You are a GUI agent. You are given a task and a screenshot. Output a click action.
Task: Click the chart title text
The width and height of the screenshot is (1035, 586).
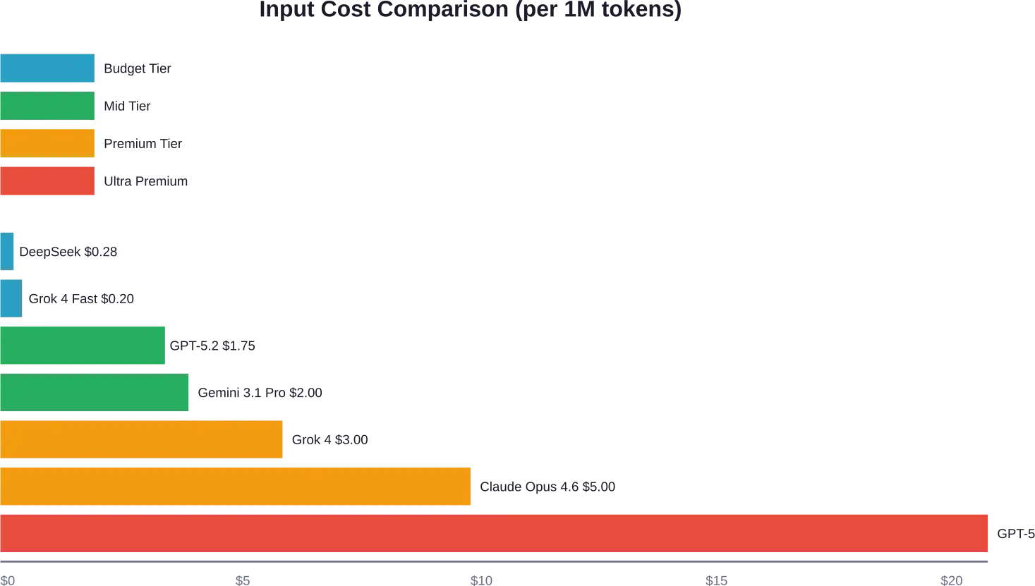471,8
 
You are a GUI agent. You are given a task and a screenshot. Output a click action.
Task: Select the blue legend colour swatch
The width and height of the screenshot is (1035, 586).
47,68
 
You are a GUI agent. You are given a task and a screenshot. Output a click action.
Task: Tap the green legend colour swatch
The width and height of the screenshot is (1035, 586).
47,106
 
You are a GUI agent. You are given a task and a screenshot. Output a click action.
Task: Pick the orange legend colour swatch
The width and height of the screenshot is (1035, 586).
47,143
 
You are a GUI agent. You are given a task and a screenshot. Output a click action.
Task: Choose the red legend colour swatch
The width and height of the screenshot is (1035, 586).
47,181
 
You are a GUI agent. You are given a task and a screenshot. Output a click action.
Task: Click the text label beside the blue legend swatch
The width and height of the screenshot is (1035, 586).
137,68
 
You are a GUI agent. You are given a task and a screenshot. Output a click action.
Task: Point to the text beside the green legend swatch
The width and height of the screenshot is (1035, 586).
126,106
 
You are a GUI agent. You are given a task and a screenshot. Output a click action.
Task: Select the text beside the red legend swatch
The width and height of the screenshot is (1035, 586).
146,181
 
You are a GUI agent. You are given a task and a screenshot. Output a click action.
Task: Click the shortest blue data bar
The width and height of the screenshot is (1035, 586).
8,251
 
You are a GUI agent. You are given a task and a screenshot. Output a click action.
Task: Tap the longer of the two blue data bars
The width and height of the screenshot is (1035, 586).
11,298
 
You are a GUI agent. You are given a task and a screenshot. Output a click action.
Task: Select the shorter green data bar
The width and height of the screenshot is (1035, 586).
84,346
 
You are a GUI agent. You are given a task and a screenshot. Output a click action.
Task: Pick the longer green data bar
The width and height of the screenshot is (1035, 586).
95,392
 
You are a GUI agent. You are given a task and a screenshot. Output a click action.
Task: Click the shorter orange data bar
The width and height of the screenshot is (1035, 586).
143,439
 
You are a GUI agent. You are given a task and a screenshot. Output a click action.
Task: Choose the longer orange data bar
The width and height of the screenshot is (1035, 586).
236,487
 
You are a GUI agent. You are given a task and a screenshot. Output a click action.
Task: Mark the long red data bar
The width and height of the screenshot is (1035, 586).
496,533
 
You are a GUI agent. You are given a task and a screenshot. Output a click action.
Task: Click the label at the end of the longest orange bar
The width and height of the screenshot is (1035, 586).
547,487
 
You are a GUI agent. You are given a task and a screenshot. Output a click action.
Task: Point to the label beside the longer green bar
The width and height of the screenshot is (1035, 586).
260,393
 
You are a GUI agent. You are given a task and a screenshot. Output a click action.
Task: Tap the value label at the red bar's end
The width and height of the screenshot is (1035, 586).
1014,534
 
